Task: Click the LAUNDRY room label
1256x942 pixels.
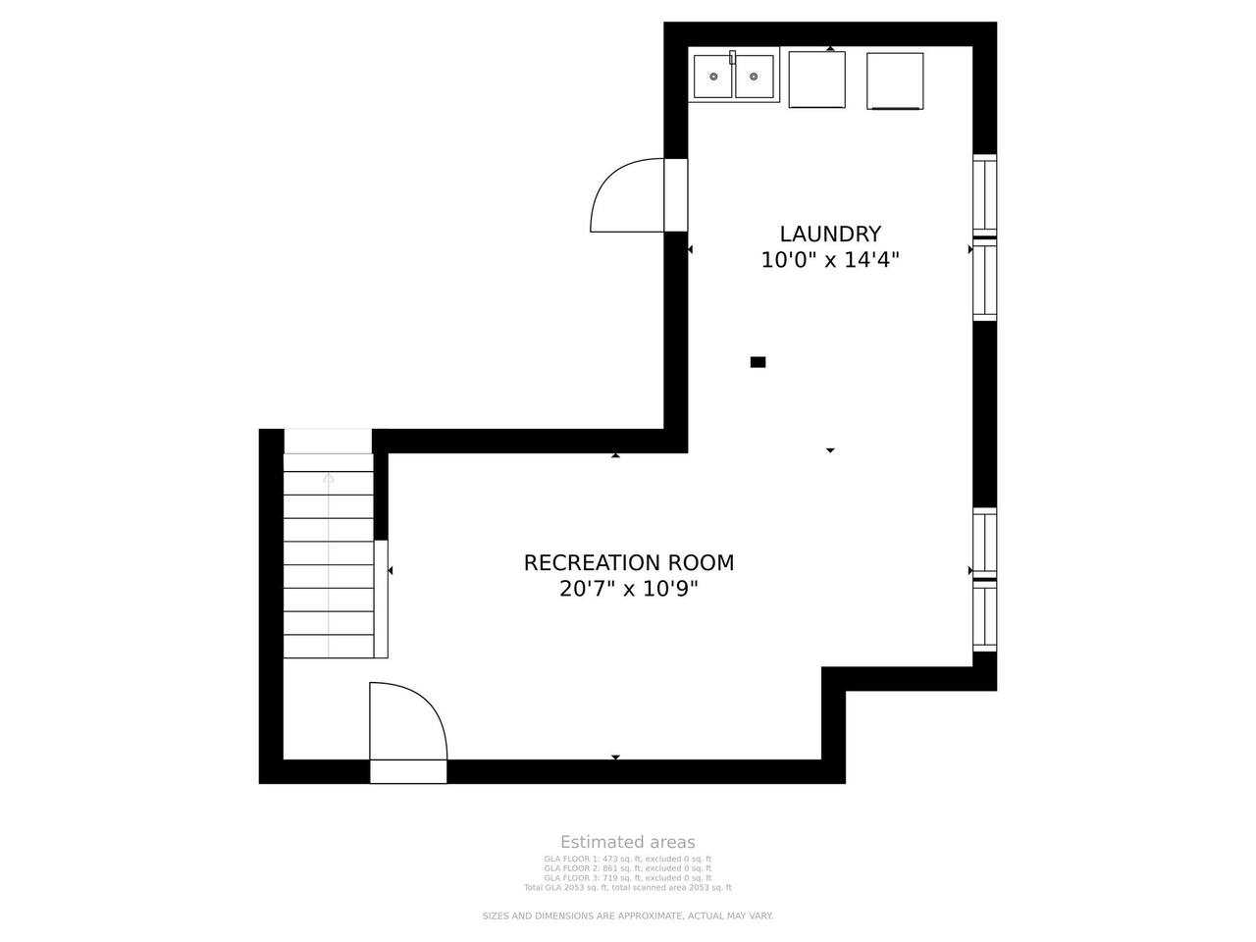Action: pos(830,234)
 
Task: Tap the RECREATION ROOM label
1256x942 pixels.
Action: pos(629,563)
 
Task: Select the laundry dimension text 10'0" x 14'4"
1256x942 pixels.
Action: pos(830,260)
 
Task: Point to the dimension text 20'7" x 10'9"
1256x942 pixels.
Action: pos(629,589)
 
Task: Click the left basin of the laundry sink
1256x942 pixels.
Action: pos(713,77)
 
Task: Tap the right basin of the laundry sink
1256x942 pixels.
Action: pos(755,77)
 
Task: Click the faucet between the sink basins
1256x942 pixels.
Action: pos(732,57)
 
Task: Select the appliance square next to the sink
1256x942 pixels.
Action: pos(816,79)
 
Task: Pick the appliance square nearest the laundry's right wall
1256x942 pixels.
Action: pos(895,81)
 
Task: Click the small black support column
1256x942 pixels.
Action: pos(758,362)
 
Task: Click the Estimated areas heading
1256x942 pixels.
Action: pos(628,843)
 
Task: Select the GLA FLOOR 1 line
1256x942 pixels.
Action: pos(628,859)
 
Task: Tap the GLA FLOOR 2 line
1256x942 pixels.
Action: pos(628,868)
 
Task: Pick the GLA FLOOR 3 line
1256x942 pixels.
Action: pos(628,878)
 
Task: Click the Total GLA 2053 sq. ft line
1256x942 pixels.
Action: pos(628,888)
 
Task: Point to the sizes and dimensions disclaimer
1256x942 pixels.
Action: pos(628,916)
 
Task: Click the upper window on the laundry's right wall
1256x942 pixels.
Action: pos(985,237)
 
